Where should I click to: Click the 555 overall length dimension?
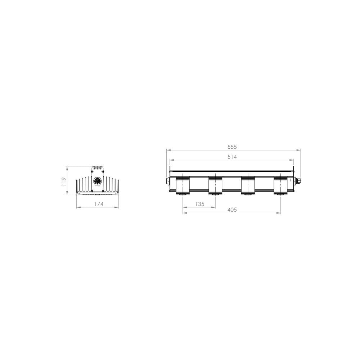[x=232, y=147]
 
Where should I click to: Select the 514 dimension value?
[x=232, y=157]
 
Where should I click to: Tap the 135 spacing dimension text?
[x=200, y=204]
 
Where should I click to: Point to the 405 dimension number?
[x=232, y=210]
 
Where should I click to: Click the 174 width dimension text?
[x=99, y=204]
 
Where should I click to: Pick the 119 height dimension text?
[x=64, y=181]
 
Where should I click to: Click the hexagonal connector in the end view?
[x=97, y=181]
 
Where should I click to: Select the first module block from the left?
[x=183, y=185]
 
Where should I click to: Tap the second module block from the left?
[x=215, y=185]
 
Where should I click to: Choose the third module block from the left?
[x=248, y=185]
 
